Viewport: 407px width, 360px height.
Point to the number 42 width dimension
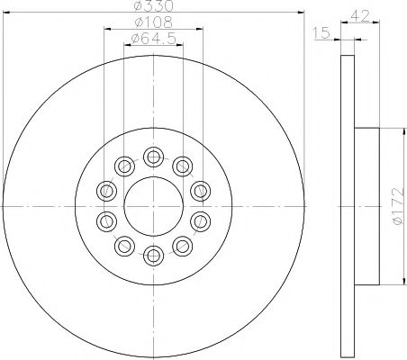pos(361,14)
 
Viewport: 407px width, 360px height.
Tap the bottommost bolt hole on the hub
pos(153,255)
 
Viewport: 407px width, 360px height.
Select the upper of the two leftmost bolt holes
pos(107,191)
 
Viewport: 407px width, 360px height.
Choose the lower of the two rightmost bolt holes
pos(199,221)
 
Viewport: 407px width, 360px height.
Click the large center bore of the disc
pos(153,206)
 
